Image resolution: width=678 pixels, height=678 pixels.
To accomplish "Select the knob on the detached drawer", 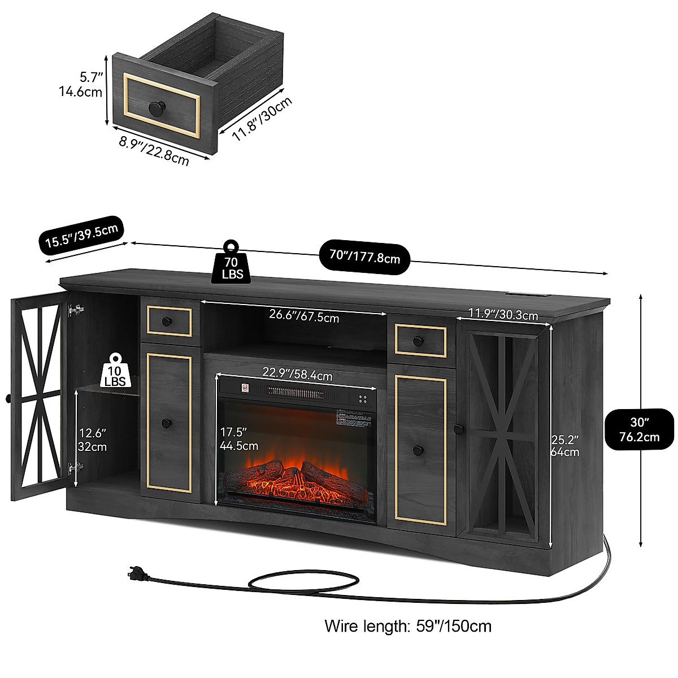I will click(155, 107).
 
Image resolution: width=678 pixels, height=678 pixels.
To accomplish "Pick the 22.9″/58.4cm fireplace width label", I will click(297, 373).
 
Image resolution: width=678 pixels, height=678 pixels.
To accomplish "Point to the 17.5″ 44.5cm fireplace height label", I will click(238, 438).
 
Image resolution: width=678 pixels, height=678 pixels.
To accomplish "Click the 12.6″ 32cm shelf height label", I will click(93, 440).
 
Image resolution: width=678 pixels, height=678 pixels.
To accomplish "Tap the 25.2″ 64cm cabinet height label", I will click(565, 445).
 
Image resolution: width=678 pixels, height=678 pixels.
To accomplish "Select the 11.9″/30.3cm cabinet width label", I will click(503, 314).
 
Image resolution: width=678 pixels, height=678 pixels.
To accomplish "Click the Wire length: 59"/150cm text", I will click(408, 626).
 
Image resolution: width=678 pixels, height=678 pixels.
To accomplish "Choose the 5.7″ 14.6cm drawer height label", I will click(81, 84).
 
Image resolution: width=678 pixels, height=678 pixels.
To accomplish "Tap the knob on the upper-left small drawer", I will click(166, 321).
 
